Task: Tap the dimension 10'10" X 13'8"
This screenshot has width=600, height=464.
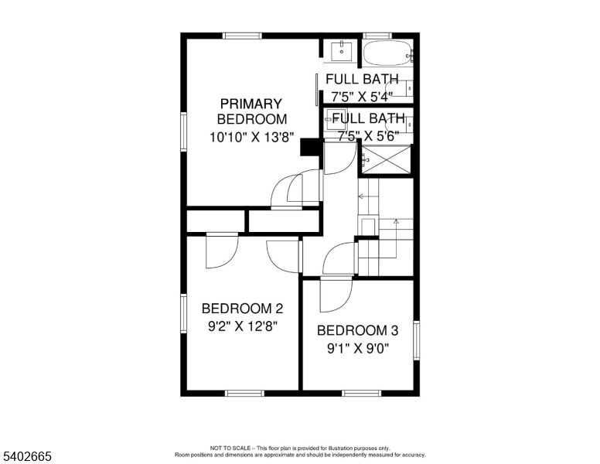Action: (251, 137)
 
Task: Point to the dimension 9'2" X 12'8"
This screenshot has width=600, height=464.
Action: (242, 326)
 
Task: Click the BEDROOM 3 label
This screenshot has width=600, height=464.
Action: (357, 330)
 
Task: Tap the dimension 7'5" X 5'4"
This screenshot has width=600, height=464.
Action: (362, 97)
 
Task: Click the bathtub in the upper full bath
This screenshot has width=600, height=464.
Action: (387, 54)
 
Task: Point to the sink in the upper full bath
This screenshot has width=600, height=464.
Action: (341, 52)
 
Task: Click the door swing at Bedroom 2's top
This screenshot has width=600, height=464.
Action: (222, 251)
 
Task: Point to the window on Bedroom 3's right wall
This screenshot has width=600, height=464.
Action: (416, 339)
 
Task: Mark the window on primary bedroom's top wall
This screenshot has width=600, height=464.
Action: (242, 36)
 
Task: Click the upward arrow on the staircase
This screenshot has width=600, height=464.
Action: (397, 222)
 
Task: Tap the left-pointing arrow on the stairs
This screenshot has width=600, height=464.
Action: (361, 196)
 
